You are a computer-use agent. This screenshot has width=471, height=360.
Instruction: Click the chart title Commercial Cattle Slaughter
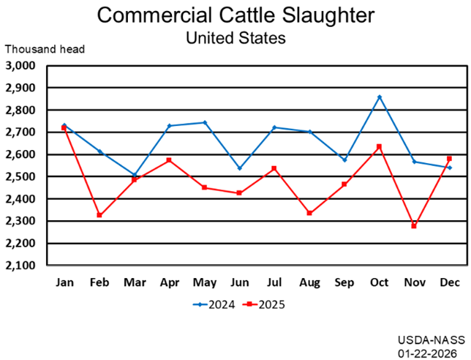click(x=235, y=15)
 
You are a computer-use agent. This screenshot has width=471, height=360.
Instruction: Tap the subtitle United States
click(x=235, y=37)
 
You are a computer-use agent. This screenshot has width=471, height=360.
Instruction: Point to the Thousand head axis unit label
click(x=45, y=50)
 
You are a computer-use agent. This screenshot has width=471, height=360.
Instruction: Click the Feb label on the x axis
click(x=99, y=281)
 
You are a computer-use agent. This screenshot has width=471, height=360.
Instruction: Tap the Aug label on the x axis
click(x=309, y=281)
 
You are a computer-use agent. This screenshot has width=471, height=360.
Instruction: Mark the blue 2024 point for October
click(x=379, y=97)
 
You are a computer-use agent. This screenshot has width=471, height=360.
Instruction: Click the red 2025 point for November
click(x=414, y=226)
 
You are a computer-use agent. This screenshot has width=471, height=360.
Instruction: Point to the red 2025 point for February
click(x=99, y=215)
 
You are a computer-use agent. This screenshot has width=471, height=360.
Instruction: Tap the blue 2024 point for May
click(x=205, y=122)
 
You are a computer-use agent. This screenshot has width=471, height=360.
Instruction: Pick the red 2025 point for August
click(x=309, y=213)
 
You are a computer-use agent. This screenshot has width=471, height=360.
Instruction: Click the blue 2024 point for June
click(x=239, y=168)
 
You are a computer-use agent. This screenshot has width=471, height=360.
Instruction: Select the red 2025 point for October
click(x=379, y=146)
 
